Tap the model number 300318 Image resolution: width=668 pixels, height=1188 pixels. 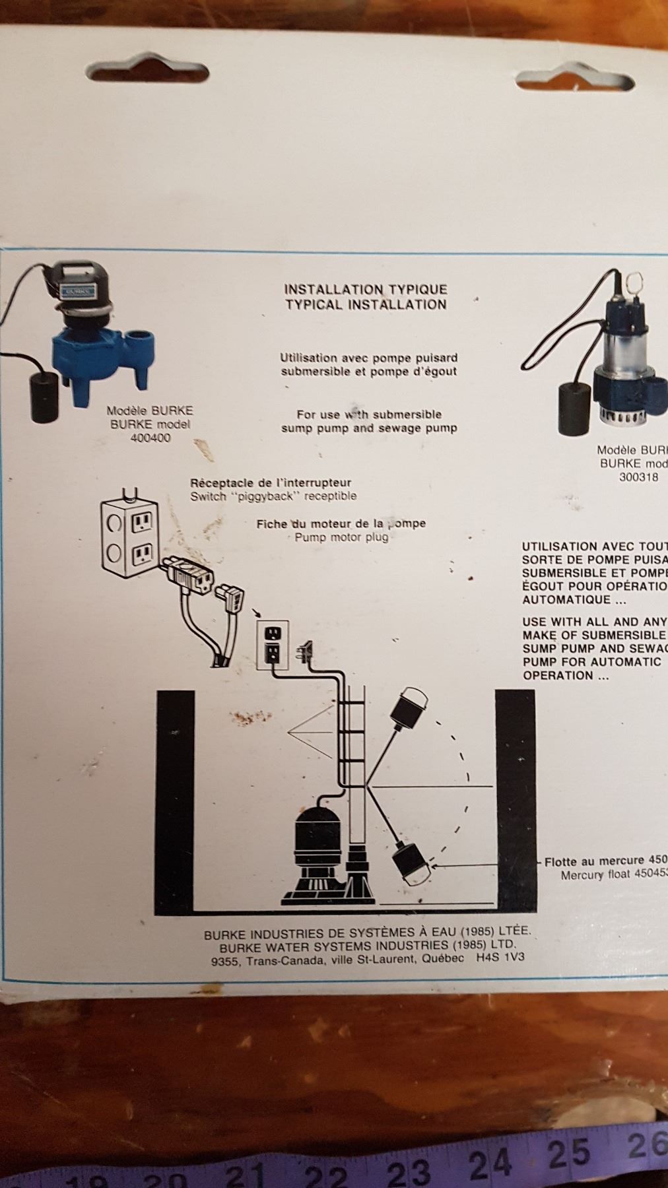tap(638, 477)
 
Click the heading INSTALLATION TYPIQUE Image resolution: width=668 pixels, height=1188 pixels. tap(366, 289)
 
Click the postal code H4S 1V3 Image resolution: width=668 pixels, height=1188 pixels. tap(500, 959)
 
